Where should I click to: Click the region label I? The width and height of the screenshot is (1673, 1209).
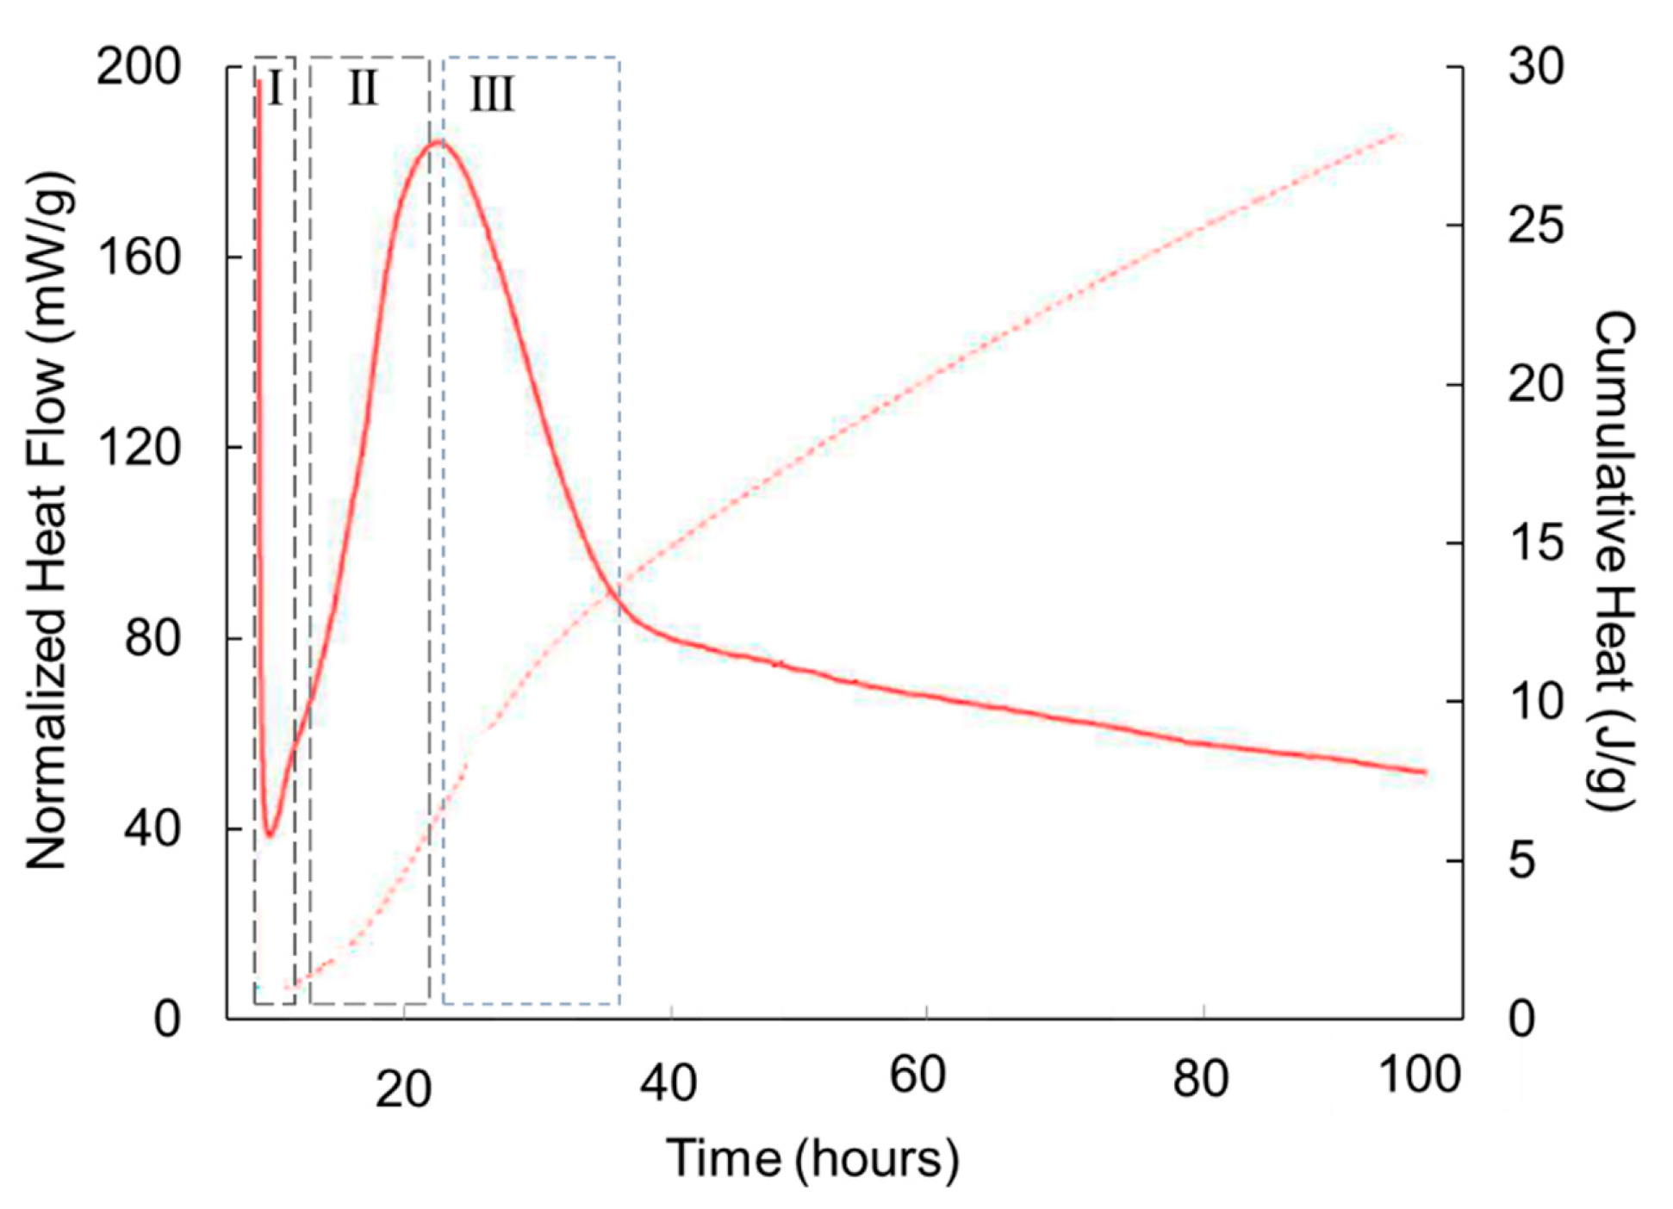(275, 88)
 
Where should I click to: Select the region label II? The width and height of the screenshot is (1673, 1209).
(363, 88)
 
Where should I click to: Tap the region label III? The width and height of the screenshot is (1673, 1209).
(492, 94)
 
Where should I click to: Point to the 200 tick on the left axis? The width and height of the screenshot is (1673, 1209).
(138, 66)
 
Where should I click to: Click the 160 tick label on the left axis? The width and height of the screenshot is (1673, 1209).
(138, 257)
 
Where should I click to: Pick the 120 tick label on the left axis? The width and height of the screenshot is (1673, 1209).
(138, 447)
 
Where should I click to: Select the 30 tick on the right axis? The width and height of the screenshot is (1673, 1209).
(1536, 66)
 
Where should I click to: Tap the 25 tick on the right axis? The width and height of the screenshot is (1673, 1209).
(1536, 226)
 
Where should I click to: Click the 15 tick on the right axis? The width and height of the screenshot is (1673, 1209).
(1536, 542)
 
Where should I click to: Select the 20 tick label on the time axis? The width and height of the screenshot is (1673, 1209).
(403, 1090)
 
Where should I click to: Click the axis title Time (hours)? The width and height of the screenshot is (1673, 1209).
(812, 1158)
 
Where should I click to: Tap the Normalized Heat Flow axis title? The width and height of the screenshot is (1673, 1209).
(47, 521)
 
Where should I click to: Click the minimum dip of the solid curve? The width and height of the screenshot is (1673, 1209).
(270, 834)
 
